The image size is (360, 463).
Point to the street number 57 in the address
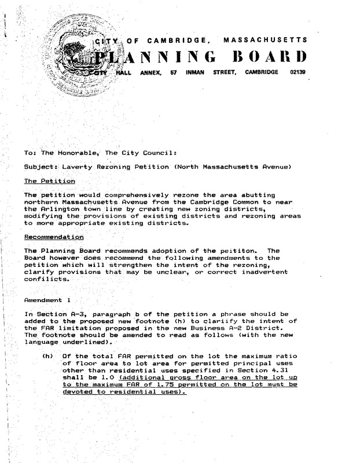[x=173, y=74]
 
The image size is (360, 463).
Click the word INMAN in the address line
[x=197, y=74]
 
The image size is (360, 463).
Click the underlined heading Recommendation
[x=54, y=237]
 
